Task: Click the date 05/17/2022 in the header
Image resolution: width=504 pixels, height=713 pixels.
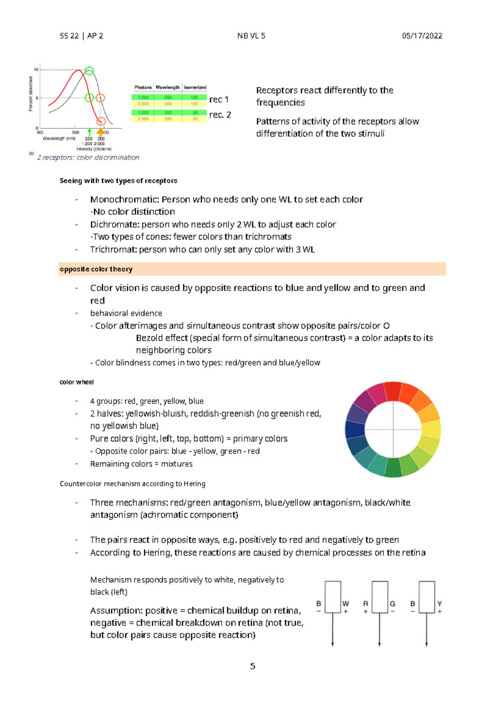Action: pos(422,36)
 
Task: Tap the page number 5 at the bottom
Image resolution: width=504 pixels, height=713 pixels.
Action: pos(252,666)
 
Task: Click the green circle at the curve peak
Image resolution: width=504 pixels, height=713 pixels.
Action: pos(89,71)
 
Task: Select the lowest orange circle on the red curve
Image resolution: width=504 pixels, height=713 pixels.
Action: pos(101,121)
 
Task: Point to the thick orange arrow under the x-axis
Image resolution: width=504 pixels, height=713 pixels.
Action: pos(100,132)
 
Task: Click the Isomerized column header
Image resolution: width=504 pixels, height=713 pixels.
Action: pos(195,87)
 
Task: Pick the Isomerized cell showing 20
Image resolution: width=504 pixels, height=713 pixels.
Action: pos(195,119)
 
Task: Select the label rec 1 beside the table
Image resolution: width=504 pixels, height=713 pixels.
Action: pos(219,100)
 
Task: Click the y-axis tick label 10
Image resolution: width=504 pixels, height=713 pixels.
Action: pos(37,70)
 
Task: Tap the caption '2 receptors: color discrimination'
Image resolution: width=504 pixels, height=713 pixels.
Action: pos(88,157)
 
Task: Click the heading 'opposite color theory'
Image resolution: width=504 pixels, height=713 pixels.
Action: pos(96,269)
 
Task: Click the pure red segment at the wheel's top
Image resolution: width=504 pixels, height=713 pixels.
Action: pos(393,391)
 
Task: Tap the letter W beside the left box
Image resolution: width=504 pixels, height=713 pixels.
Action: pos(346,603)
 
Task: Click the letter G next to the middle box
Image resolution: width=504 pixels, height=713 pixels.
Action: pos(392,603)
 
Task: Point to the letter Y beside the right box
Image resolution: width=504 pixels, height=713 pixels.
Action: pos(439,603)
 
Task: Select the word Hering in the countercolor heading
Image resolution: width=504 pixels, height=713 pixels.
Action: pos(194,484)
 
